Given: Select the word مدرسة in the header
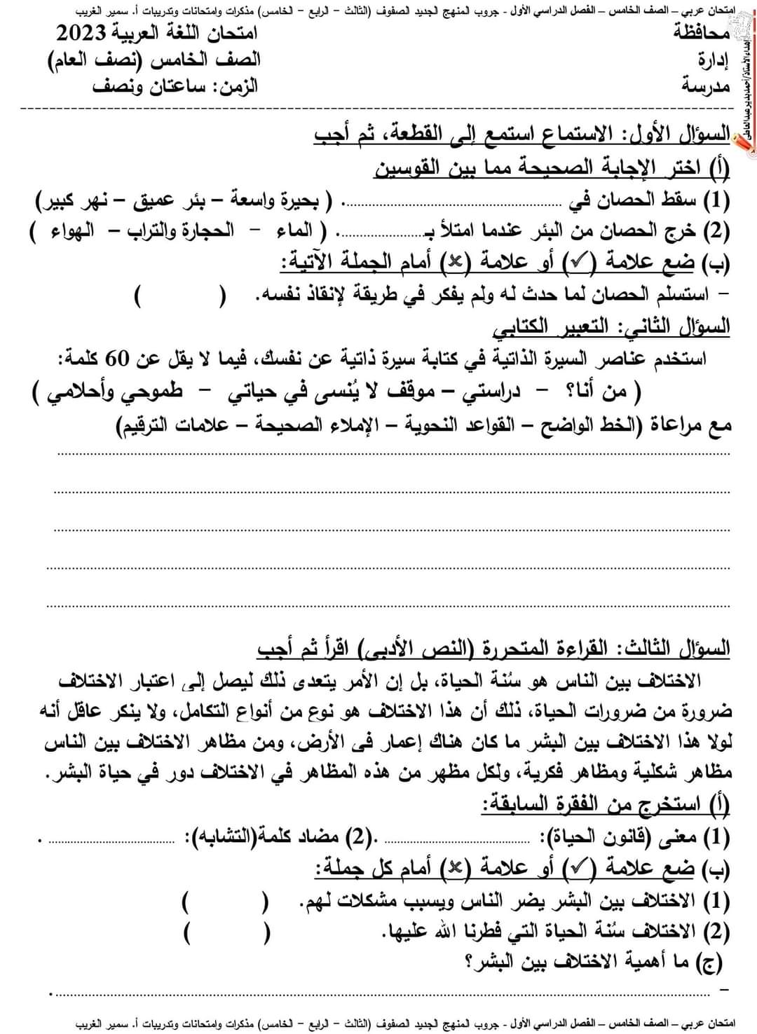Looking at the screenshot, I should click(x=706, y=86).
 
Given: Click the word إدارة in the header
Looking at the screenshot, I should click(x=714, y=60).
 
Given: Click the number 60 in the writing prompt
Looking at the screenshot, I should click(x=608, y=360).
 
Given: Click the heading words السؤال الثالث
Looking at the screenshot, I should click(x=679, y=649).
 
